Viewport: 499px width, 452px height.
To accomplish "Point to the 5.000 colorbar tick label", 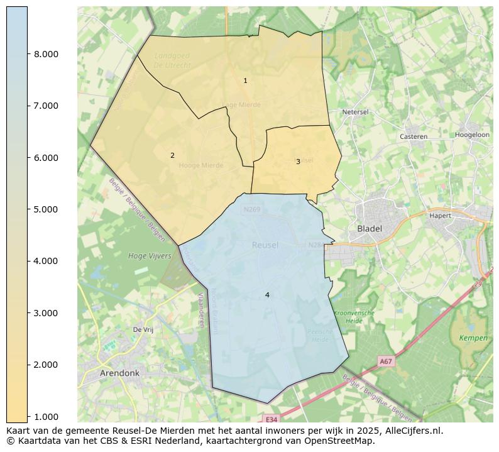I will pos(46,209).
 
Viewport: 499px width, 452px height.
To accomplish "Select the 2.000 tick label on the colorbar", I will pos(46,365).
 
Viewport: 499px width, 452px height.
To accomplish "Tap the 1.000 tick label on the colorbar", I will pos(46,416).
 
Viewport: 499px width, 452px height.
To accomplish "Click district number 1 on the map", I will pos(245,80).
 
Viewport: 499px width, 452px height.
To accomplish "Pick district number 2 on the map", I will pos(172,155).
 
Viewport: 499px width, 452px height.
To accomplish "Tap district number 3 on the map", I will pos(298,162).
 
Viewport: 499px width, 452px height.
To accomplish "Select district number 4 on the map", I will pos(267,295).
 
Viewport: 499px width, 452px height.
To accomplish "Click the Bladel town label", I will pos(370,229).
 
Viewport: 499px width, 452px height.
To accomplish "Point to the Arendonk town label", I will pos(119,373).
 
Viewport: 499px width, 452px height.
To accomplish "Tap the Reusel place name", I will pos(265,245).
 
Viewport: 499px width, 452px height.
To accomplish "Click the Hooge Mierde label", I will pos(201,165).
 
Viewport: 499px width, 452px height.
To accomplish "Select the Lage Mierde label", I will pos(241,105).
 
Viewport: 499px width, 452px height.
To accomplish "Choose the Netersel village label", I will pos(355,112).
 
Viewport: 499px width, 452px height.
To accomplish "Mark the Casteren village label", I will pos(414,136).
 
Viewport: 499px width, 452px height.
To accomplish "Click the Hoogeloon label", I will pos(472,135).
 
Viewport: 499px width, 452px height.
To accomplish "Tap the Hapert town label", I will pos(441,216).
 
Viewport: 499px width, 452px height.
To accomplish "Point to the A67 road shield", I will pos(386,361).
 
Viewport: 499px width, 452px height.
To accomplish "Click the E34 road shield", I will pos(271,419).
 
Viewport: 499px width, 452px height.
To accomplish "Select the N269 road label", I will pos(251,209).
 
